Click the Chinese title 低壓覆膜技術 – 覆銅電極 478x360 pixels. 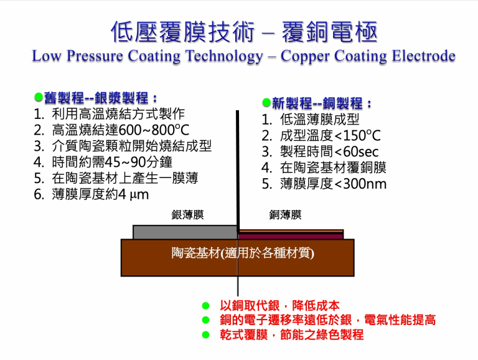243,32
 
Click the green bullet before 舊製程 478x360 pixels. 38,98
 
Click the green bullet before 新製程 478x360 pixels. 266,102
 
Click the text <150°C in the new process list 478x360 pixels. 357,136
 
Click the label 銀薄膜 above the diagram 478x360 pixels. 187,215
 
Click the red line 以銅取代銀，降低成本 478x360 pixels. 279,306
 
